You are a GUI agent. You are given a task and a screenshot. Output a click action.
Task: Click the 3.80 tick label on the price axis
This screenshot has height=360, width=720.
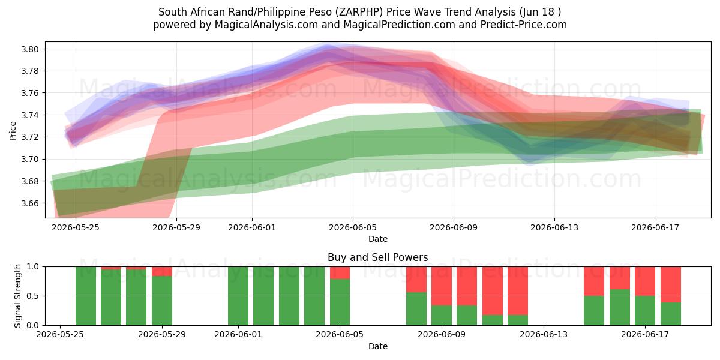tap(30, 49)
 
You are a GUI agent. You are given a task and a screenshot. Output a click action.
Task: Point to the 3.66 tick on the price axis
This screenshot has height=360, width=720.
tap(30, 203)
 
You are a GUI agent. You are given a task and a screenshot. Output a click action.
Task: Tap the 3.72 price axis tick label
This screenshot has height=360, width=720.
tap(30, 137)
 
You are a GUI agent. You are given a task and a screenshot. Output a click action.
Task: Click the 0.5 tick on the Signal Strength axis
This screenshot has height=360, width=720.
tap(33, 296)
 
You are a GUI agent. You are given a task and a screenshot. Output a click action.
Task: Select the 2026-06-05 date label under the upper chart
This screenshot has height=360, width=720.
tap(353, 227)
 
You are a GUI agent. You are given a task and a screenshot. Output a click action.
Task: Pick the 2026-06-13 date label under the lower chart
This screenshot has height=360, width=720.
tap(544, 335)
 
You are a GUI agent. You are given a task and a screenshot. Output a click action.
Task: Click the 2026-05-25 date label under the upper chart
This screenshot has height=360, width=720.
tap(76, 227)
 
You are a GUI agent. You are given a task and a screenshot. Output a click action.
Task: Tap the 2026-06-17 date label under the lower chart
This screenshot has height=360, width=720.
tap(645, 335)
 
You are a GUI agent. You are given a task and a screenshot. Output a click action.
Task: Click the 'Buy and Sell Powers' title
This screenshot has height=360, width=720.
tap(377, 257)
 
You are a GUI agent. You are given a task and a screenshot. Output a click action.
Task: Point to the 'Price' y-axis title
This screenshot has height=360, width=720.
tap(13, 131)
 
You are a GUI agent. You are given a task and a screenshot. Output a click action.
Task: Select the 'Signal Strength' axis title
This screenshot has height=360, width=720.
tap(17, 296)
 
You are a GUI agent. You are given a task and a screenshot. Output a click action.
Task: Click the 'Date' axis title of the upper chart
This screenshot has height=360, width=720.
tap(377, 239)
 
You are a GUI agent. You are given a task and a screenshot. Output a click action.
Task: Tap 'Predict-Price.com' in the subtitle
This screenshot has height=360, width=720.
tap(524, 25)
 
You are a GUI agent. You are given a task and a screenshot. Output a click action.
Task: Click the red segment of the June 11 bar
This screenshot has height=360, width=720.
tap(493, 291)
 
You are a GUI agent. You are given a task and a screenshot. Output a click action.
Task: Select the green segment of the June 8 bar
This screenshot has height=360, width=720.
tap(416, 309)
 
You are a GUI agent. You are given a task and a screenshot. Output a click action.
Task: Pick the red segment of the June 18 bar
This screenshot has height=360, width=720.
tap(671, 285)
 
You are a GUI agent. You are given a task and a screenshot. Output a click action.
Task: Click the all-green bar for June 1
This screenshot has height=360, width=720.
tap(238, 296)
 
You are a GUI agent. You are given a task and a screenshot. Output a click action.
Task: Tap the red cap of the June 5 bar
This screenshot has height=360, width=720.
tap(340, 273)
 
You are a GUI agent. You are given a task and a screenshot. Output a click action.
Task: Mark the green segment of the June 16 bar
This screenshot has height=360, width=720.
tap(620, 307)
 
